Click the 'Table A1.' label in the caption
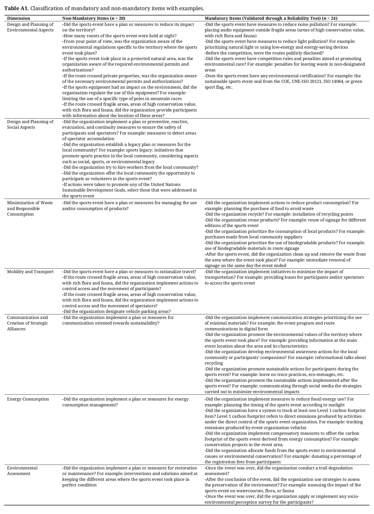(16, 8)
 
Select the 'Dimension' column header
(18, 18)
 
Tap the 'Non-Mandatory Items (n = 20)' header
(94, 18)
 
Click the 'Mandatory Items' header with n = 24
(271, 18)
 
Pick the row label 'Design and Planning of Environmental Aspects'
(30, 27)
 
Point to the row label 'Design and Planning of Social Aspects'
(30, 124)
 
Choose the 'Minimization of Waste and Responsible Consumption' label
(30, 208)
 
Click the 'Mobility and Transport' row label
(30, 272)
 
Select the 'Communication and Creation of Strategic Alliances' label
(27, 323)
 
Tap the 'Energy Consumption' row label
(28, 399)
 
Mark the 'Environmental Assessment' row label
(22, 471)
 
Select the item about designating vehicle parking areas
(116, 311)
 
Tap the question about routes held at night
(119, 36)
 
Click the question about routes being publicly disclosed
(264, 53)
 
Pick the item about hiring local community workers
(130, 167)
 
